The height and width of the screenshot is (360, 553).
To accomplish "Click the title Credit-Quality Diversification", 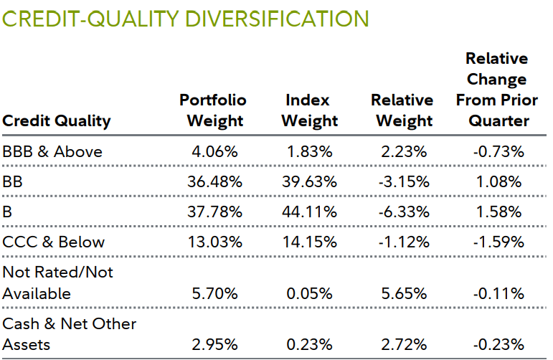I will click(186, 19).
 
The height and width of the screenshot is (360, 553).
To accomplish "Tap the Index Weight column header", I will click(308, 110).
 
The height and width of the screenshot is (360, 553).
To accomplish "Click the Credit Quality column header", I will click(57, 120).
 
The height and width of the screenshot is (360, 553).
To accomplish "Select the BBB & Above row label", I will click(52, 151).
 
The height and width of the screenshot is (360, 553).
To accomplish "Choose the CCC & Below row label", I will click(54, 242).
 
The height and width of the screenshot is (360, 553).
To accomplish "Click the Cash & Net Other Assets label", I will click(70, 334).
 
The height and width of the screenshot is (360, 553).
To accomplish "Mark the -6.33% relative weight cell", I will click(404, 212).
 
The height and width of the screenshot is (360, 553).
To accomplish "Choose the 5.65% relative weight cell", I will click(404, 293).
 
